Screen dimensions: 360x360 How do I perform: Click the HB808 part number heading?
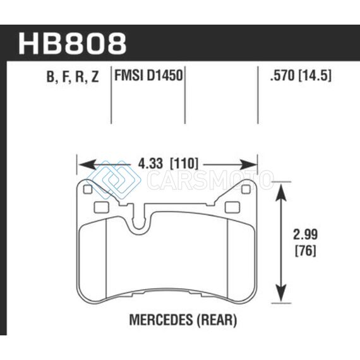[72, 44]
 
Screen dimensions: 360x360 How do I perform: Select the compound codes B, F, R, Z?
[73, 76]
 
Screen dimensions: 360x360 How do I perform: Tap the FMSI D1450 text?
[148, 75]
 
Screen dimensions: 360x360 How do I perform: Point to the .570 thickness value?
[282, 75]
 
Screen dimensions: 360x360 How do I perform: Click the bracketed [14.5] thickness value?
[315, 75]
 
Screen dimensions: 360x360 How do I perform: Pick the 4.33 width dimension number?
[150, 164]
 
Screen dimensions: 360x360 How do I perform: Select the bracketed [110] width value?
[183, 164]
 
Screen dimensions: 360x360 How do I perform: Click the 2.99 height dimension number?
[305, 234]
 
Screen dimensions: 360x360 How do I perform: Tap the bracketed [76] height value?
[305, 251]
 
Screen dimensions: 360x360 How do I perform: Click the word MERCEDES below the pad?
[162, 320]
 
